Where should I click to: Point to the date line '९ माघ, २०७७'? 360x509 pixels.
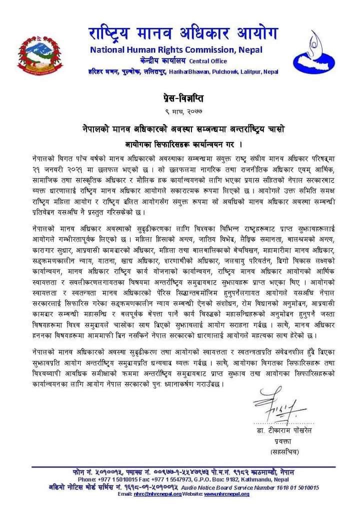tap(180, 109)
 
